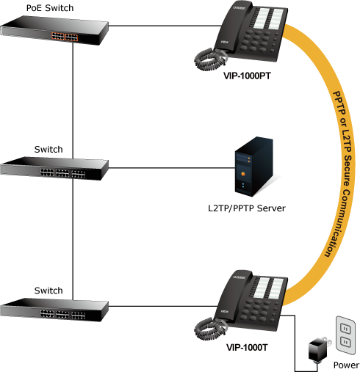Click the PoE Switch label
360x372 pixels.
(50, 8)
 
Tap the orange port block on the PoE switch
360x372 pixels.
(65, 37)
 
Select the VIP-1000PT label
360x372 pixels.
(247, 76)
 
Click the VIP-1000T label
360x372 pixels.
(247, 347)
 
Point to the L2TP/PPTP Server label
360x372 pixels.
(247, 208)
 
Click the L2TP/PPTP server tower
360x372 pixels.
(254, 167)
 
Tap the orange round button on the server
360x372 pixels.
(243, 174)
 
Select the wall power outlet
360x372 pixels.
(345, 335)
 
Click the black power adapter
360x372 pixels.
(317, 349)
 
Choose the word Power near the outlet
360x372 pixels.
(346, 365)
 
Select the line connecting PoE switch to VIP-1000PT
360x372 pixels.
(165, 25)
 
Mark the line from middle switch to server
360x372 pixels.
(172, 168)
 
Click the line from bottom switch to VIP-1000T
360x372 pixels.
(163, 306)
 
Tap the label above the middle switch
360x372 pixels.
(48, 149)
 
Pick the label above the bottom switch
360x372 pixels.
(48, 291)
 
